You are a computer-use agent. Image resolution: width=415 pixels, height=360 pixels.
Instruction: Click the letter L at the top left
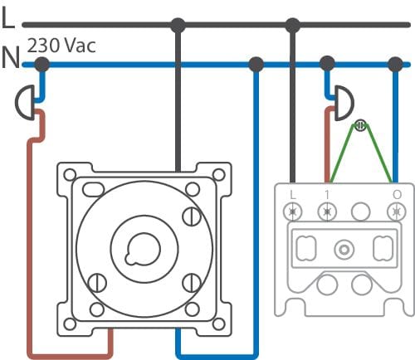pyautogui.click(x=7, y=17)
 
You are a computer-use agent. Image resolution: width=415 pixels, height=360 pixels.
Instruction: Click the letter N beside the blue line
pyautogui.click(x=11, y=57)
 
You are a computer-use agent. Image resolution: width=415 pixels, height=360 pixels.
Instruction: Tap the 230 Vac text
pyautogui.click(x=61, y=46)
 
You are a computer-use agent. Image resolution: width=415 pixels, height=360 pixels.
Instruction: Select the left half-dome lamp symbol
pyautogui.click(x=25, y=102)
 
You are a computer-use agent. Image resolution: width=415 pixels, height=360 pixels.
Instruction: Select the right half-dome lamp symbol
pyautogui.click(x=344, y=103)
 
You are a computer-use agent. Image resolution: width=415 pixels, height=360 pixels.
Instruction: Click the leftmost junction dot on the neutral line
pyautogui.click(x=42, y=65)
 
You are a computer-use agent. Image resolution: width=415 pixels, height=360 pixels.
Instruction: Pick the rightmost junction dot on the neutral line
pyautogui.click(x=395, y=65)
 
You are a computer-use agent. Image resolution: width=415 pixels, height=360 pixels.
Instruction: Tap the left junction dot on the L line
pyautogui.click(x=178, y=26)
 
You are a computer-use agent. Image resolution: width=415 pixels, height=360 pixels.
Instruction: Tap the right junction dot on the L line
pyautogui.click(x=292, y=26)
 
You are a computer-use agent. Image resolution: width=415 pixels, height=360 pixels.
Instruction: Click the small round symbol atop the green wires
pyautogui.click(x=360, y=125)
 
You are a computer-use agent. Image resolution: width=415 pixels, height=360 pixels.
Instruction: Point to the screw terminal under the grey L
pyautogui.click(x=292, y=212)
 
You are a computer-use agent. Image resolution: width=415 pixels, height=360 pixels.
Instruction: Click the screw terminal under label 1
pyautogui.click(x=327, y=212)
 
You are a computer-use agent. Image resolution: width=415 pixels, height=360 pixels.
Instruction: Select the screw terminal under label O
pyautogui.click(x=397, y=212)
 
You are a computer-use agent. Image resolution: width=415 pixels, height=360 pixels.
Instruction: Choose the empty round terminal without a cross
pyautogui.click(x=361, y=212)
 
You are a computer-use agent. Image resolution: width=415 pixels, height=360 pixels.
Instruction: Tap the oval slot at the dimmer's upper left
pyautogui.click(x=93, y=189)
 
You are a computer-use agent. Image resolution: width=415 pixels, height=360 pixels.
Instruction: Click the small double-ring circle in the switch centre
pyautogui.click(x=344, y=250)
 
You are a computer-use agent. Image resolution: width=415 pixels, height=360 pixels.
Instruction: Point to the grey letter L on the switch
pyautogui.click(x=292, y=195)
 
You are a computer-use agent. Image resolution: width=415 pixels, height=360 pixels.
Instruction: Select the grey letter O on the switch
pyautogui.click(x=397, y=195)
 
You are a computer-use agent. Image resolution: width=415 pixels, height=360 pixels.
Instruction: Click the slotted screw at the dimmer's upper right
pyautogui.click(x=192, y=216)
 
